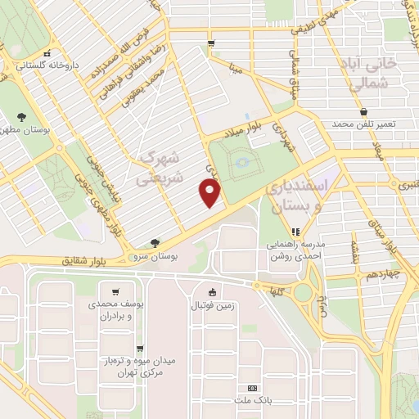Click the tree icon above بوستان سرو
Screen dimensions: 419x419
pyautogui.click(x=155, y=243)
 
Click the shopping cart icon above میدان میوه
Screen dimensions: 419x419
pyautogui.click(x=140, y=347)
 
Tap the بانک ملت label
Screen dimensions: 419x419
pyautogui.click(x=252, y=399)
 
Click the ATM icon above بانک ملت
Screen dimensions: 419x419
pyautogui.click(x=252, y=388)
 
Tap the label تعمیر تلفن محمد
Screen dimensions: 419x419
pyautogui.click(x=363, y=123)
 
